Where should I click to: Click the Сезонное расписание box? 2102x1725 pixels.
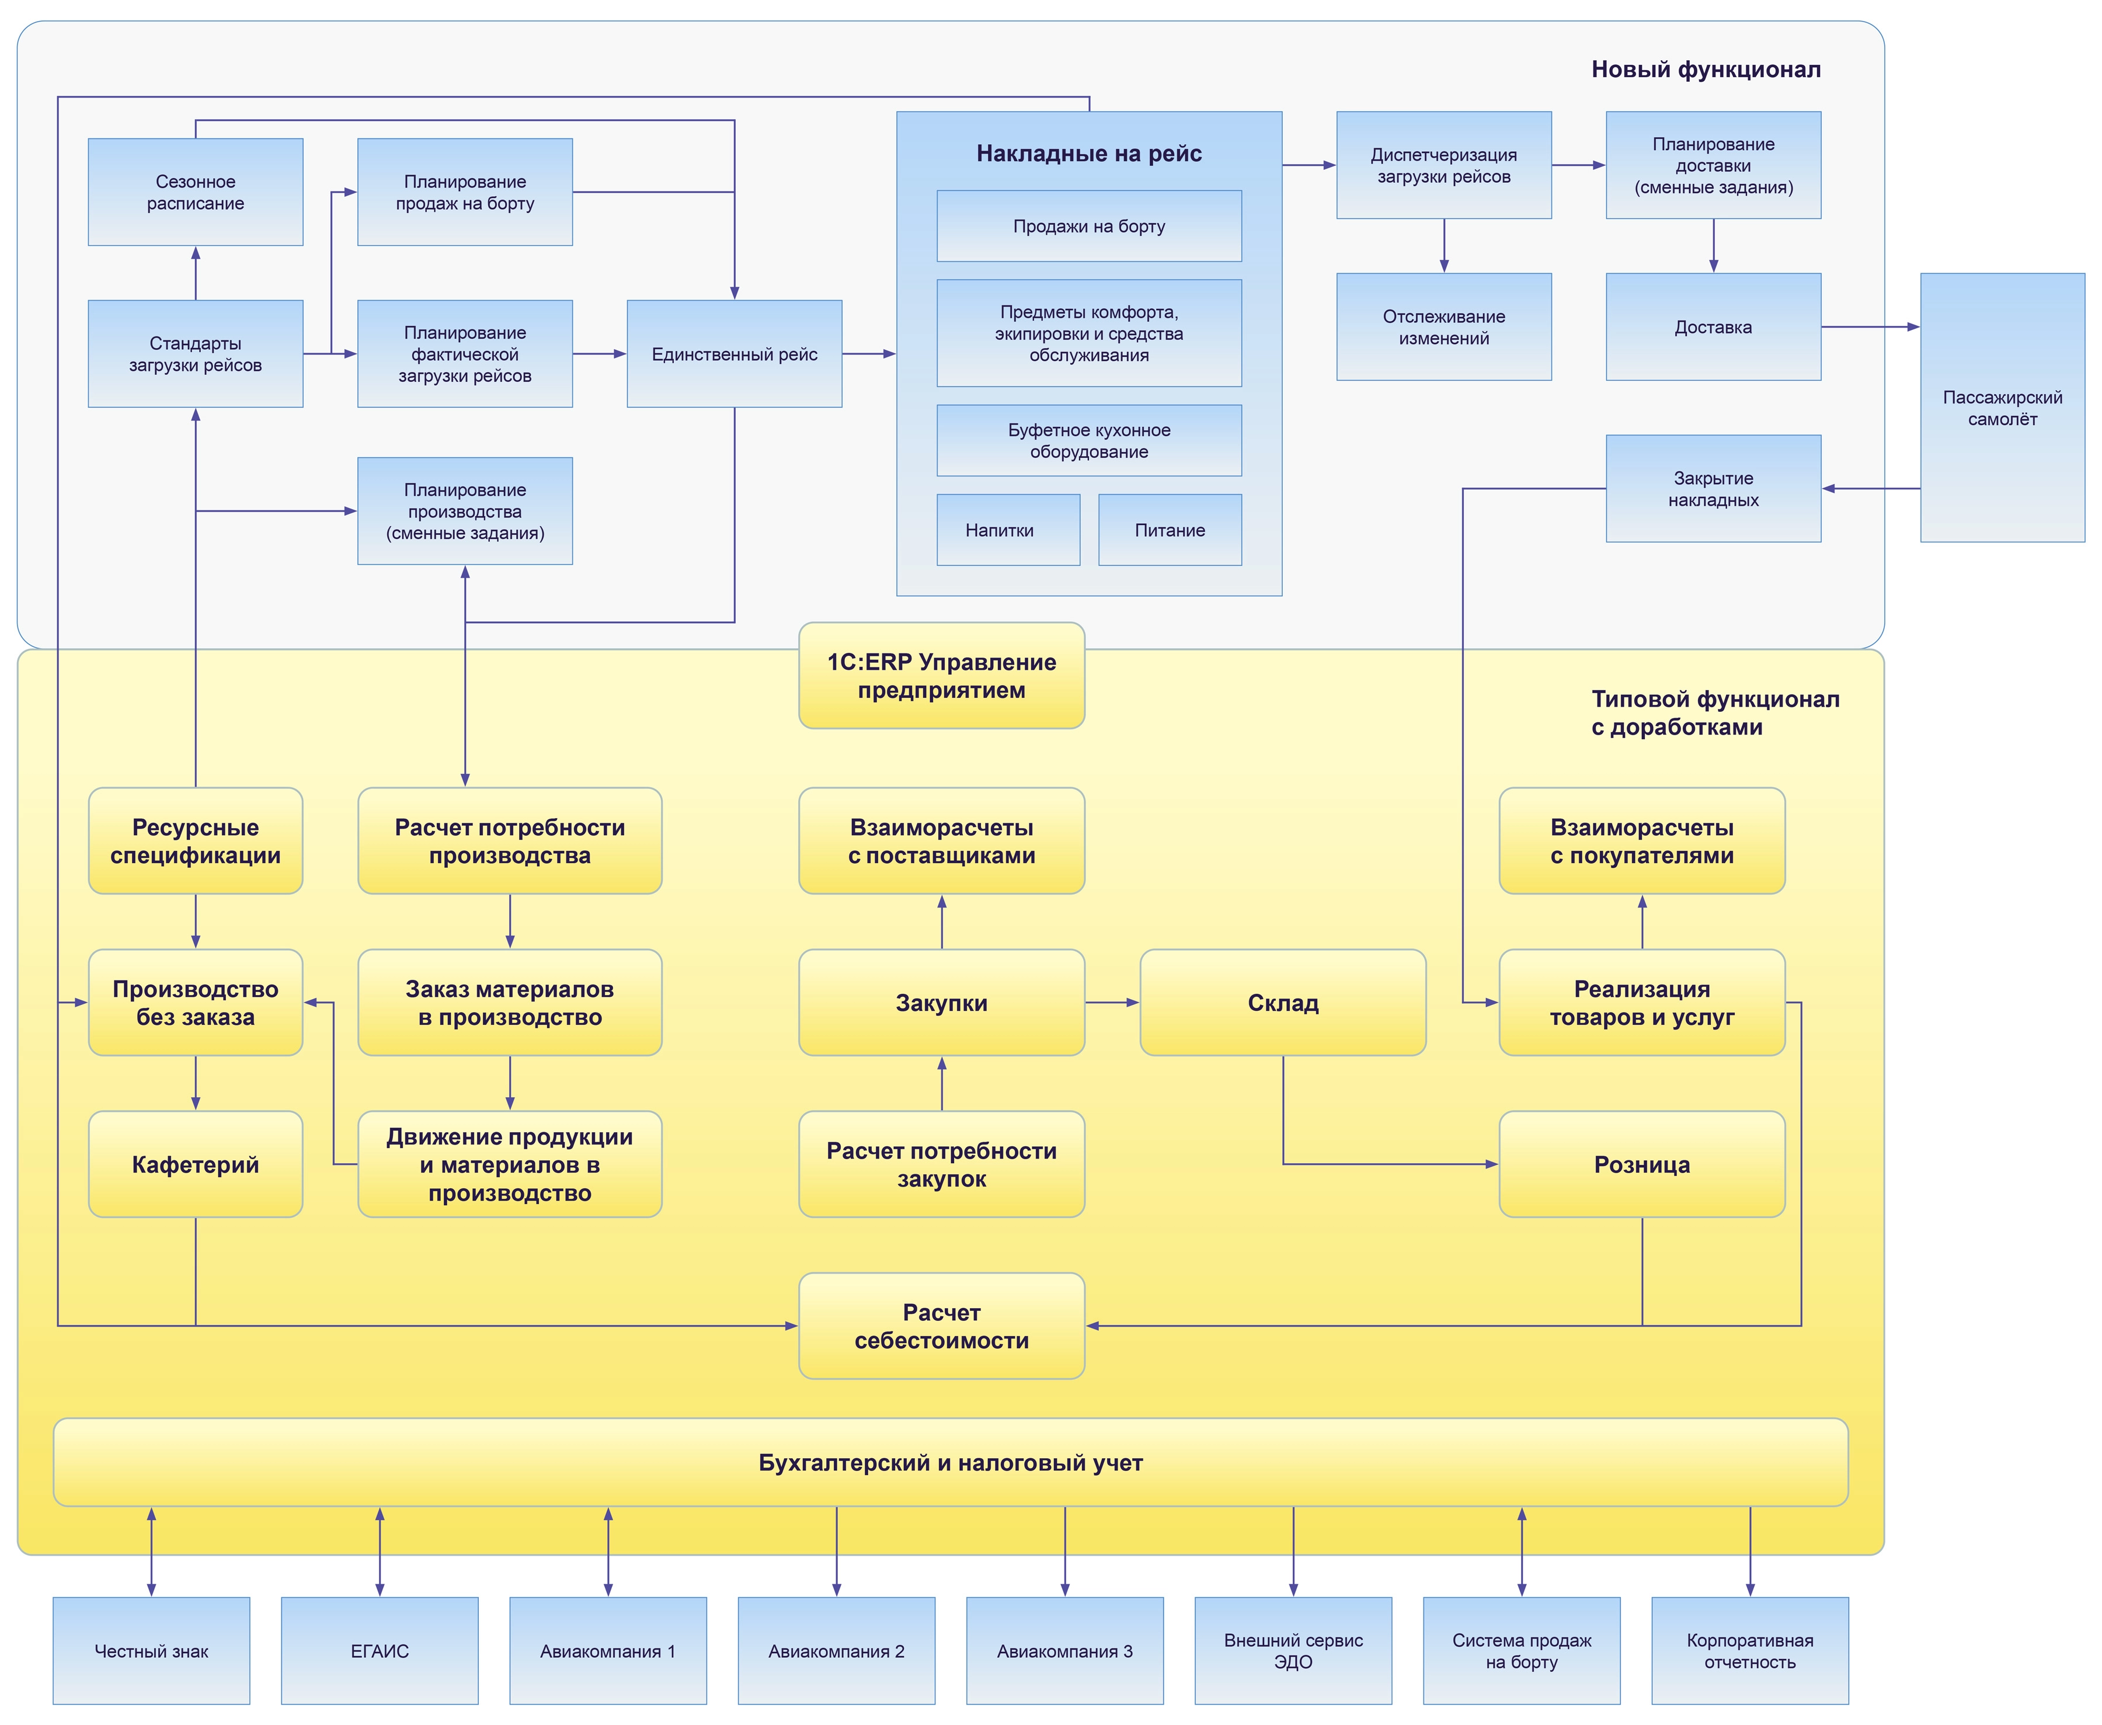point(196,192)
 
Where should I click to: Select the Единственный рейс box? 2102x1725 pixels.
point(734,354)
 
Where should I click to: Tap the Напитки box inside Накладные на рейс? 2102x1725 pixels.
point(1008,530)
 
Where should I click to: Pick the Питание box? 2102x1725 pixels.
point(1170,530)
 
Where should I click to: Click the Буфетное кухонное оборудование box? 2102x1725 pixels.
point(1089,440)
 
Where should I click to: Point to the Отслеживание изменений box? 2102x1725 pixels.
point(1443,327)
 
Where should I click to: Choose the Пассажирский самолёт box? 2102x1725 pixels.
point(2003,408)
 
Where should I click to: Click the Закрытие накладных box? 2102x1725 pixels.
point(1714,488)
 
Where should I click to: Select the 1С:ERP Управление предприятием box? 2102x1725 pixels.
point(942,676)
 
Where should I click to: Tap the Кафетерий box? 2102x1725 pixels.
point(196,1164)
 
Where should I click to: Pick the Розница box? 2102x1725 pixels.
point(1642,1164)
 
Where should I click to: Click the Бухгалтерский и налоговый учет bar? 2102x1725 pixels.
point(951,1462)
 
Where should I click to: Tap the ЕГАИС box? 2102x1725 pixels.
point(380,1650)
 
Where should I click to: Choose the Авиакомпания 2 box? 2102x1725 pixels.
point(837,1650)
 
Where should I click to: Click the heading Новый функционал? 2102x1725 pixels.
point(1706,69)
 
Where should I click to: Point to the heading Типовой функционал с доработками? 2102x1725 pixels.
point(1715,712)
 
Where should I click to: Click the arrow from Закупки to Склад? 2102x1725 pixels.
point(1112,1003)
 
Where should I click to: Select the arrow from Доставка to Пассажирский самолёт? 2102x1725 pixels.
point(1871,327)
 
